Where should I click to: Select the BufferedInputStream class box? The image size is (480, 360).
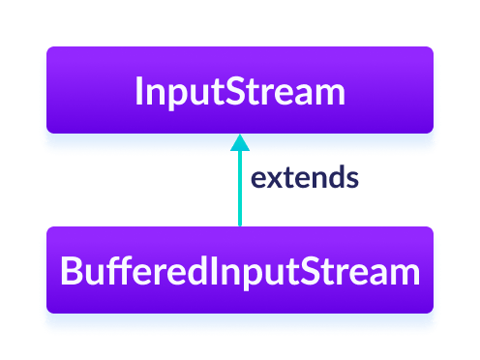(x=239, y=272)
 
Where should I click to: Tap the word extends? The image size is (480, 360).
(x=305, y=178)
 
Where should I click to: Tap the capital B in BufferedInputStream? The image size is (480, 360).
(x=70, y=272)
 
